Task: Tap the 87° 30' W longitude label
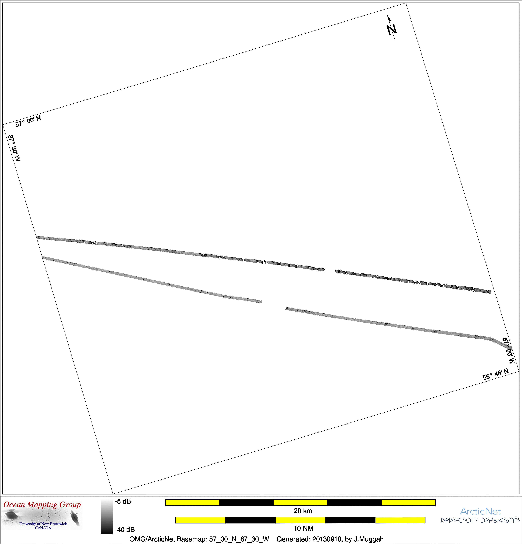[14, 148]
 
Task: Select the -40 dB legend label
[125, 530]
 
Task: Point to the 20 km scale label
[303, 511]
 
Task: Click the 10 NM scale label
[304, 528]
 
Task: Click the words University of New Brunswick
[43, 524]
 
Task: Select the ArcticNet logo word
[480, 511]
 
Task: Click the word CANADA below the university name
[43, 528]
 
